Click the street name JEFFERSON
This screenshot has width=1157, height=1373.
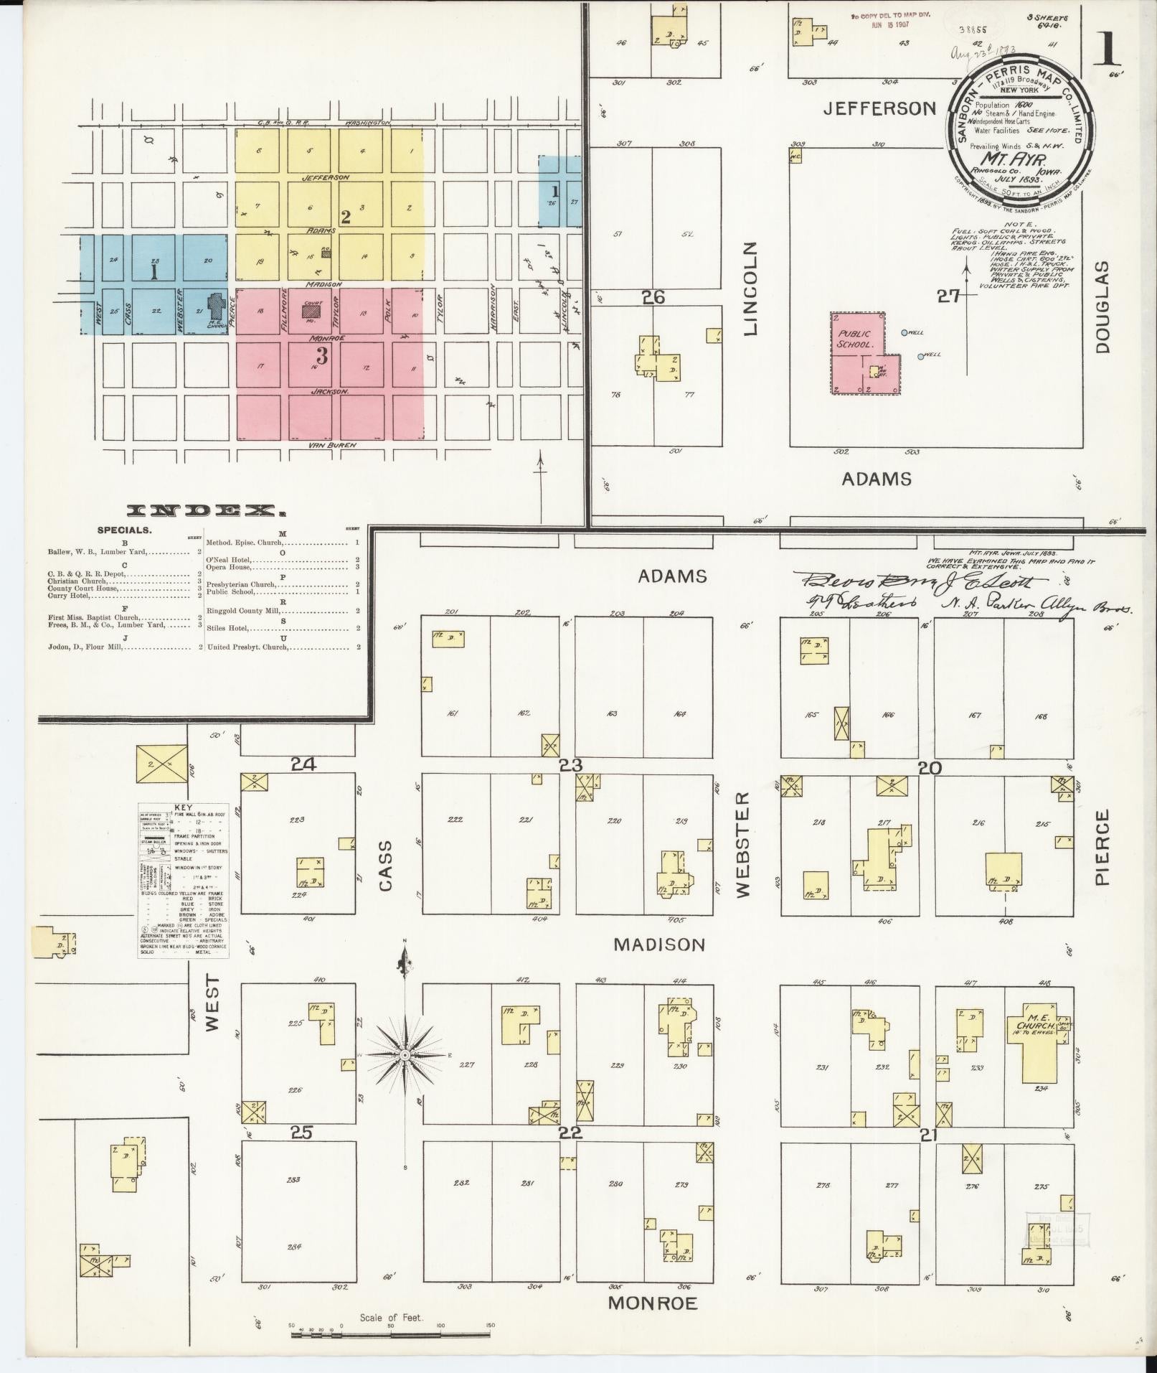coord(879,108)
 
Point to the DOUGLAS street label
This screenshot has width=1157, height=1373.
coord(1102,306)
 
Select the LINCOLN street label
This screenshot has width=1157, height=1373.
coord(751,289)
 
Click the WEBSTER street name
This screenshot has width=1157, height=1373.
coord(742,844)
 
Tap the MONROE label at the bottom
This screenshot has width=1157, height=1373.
coord(652,1303)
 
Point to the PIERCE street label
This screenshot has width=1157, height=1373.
coord(1102,847)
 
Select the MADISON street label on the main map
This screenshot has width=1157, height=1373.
coord(659,945)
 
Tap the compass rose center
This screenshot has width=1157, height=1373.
coord(405,1054)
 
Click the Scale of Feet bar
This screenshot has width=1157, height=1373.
coord(391,1335)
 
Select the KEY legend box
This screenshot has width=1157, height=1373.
coord(184,880)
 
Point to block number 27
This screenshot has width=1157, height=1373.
coord(948,296)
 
